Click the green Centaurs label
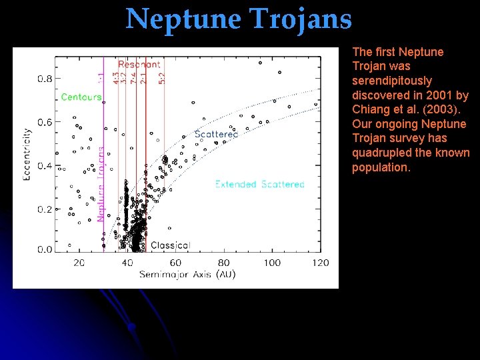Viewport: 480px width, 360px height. pyautogui.click(x=81, y=97)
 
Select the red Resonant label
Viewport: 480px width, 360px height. pyautogui.click(x=139, y=65)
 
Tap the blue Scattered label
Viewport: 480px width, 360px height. pyautogui.click(x=216, y=135)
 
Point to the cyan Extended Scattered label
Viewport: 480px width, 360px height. pyautogui.click(x=259, y=184)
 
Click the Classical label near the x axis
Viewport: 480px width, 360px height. pyautogui.click(x=170, y=245)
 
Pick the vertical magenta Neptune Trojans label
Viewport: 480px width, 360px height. pyautogui.click(x=101, y=184)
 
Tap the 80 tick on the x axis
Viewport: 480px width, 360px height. pyautogui.click(x=224, y=263)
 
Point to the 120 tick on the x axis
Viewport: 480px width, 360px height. pyautogui.click(x=320, y=263)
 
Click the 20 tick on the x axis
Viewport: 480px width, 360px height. pyautogui.click(x=79, y=263)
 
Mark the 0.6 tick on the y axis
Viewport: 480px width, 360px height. pyautogui.click(x=45, y=122)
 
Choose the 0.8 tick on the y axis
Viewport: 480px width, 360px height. pyautogui.click(x=45, y=79)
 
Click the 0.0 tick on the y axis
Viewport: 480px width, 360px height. pyautogui.click(x=45, y=249)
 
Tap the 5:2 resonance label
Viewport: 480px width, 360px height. pyautogui.click(x=161, y=78)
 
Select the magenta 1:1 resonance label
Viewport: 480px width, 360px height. pyautogui.click(x=101, y=78)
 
